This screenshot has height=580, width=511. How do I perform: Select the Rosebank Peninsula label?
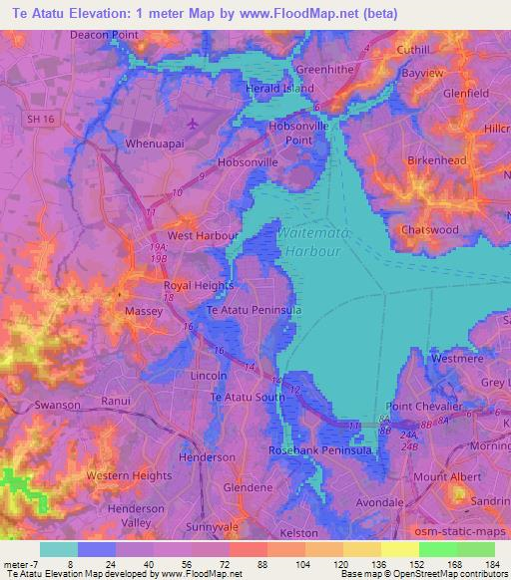click(317, 450)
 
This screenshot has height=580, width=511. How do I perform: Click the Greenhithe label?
click(324, 70)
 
